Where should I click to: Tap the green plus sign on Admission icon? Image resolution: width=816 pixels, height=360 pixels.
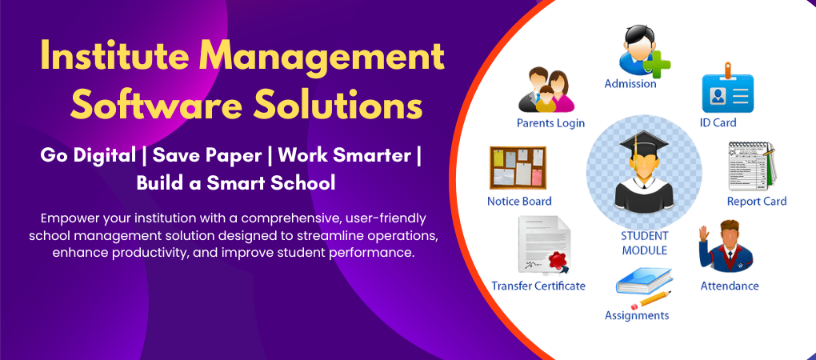pos(658,64)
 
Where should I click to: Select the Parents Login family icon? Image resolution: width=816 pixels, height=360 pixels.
pos(546,91)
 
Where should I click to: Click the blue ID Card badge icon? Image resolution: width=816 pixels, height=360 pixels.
pos(727,89)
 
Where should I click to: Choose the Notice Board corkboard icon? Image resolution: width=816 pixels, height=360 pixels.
pos(518,167)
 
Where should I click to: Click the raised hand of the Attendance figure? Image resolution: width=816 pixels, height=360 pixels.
pos(705,233)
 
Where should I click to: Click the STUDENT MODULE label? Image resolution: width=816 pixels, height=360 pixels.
pos(644,243)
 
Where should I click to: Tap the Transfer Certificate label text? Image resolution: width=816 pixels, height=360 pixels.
pos(538,286)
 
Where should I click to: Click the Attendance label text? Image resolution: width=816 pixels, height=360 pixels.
pos(730,286)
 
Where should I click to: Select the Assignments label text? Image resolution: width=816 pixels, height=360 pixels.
pos(637,315)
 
